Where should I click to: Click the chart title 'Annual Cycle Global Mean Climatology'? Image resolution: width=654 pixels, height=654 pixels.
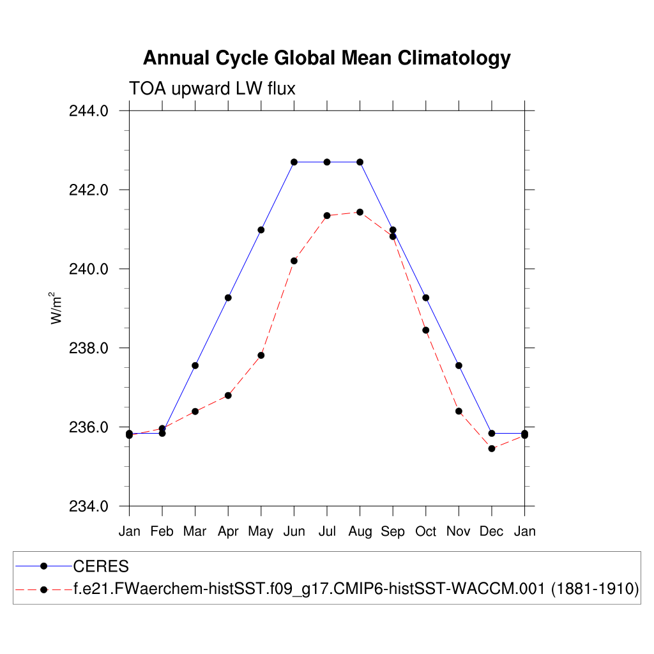click(326, 58)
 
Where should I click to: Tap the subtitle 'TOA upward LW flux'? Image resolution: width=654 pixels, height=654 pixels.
click(212, 88)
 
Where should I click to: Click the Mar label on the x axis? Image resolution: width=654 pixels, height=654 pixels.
click(195, 531)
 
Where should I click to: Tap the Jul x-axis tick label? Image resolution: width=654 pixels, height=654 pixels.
click(327, 531)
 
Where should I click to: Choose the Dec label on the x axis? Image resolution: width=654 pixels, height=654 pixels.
click(492, 531)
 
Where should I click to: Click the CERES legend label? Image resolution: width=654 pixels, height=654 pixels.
click(101, 567)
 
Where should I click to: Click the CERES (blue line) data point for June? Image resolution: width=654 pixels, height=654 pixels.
click(294, 162)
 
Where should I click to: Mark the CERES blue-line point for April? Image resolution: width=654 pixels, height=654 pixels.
click(228, 298)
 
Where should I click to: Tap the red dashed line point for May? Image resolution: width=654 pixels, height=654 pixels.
click(261, 355)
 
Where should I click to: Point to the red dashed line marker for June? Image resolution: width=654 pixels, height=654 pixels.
click(294, 261)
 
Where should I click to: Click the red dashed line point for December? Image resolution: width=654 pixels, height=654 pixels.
click(492, 448)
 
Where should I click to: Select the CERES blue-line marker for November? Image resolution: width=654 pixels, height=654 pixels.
click(459, 365)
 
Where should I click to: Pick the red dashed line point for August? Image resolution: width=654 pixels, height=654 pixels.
click(360, 212)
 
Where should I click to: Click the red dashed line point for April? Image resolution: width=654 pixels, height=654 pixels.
click(228, 395)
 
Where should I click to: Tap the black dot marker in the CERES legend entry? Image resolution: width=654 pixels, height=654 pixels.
click(43, 567)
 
